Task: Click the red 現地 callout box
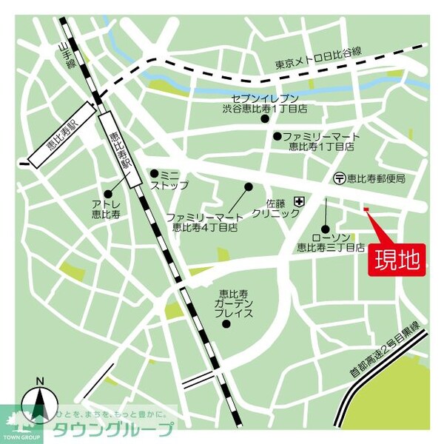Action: coord(397,260)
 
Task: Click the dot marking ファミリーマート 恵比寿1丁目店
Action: coord(277,136)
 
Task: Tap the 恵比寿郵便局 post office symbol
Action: coord(339,178)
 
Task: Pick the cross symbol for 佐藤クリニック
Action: coord(300,201)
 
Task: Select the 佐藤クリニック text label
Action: coord(275,206)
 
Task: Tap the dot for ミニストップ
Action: coord(153,173)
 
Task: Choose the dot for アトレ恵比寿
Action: coord(108,194)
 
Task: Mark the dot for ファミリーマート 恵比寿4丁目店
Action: coord(249,186)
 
